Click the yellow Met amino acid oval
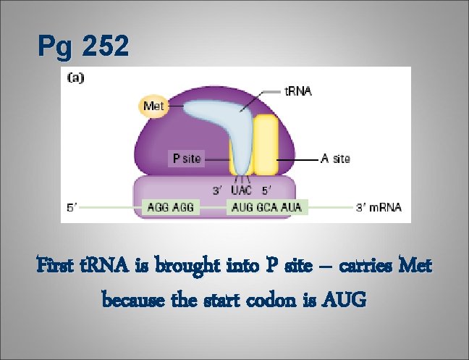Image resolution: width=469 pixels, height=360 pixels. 152,106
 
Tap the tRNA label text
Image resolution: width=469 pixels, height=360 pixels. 297,92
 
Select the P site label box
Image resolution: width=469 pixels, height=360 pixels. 187,157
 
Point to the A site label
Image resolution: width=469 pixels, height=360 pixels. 335,158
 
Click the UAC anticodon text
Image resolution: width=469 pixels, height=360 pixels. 241,191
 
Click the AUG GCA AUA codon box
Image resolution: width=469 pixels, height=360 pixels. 266,208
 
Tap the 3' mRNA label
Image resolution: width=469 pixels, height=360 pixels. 379,208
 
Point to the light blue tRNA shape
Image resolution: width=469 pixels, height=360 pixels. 221,116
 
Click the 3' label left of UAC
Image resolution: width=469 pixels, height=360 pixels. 216,191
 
